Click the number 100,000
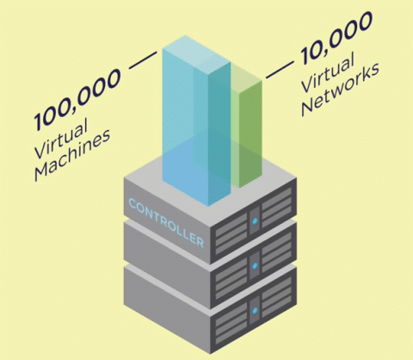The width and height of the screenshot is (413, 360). click(77, 99)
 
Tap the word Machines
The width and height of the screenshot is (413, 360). click(72, 155)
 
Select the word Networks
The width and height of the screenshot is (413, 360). click(341, 90)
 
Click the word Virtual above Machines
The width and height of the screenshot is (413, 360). click(61, 139)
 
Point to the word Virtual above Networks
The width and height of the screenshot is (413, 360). click(328, 72)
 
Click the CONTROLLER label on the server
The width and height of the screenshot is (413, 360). click(166, 223)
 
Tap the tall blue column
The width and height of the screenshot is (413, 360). click(196, 121)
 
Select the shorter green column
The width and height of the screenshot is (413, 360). click(247, 127)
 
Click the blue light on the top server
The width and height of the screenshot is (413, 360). click(255, 220)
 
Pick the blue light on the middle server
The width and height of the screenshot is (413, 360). click(255, 266)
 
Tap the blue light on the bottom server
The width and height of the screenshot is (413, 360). click(255, 310)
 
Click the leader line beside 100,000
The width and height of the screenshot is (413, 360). click(143, 60)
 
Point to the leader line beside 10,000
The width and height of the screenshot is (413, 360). click(280, 70)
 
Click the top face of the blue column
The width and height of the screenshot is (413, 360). click(197, 54)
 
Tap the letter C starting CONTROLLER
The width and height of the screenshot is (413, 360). click(133, 203)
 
